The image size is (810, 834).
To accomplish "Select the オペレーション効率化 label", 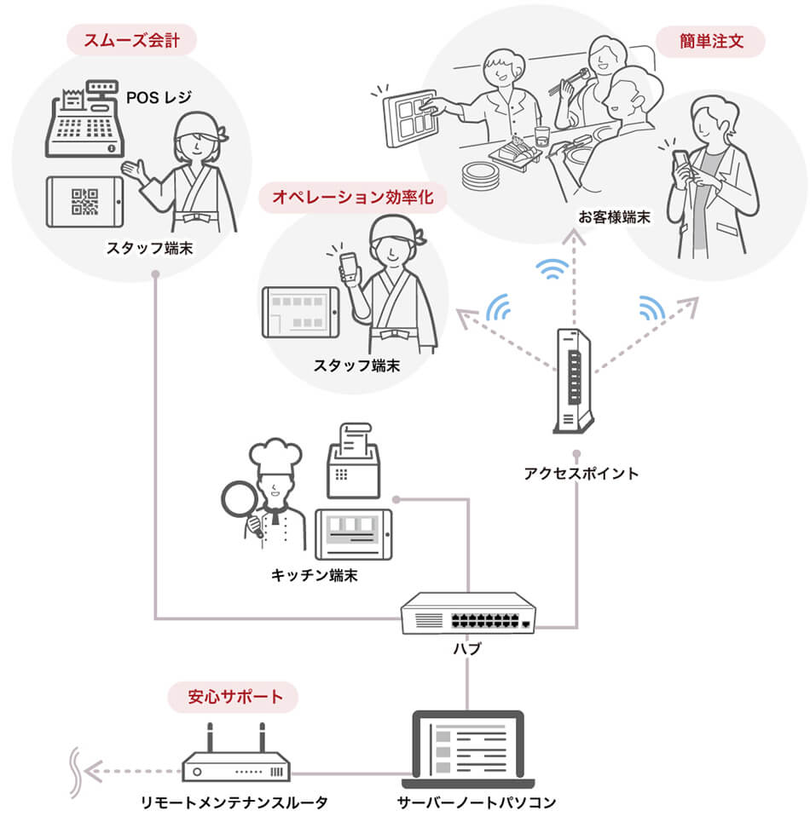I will click(x=352, y=198).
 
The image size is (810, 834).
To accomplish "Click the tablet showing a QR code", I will click(x=84, y=201).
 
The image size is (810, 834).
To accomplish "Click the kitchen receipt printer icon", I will click(x=354, y=464).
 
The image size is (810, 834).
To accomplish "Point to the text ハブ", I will click(x=467, y=649).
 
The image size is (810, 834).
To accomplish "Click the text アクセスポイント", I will click(x=580, y=474).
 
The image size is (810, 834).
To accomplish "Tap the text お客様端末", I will click(x=613, y=218).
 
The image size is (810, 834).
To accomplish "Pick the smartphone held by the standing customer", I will click(x=682, y=162).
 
